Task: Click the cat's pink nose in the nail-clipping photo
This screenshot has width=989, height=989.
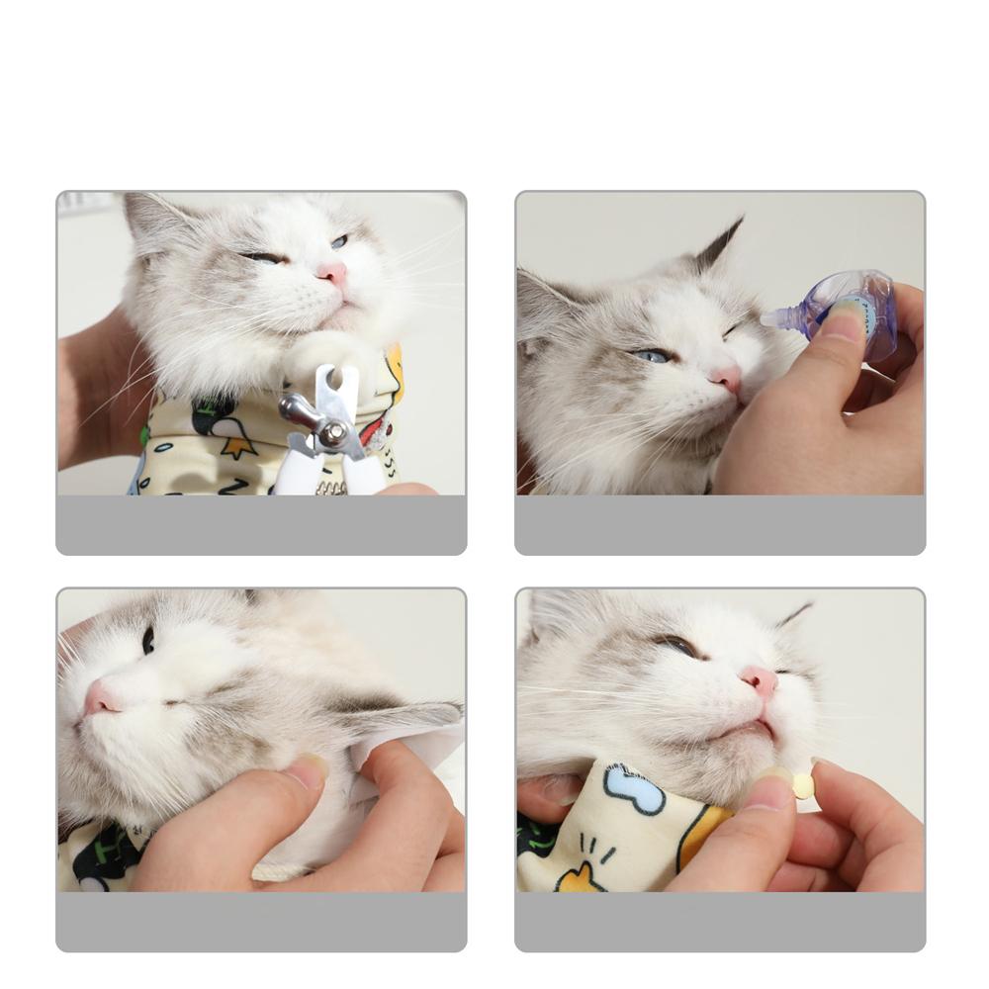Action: (333, 272)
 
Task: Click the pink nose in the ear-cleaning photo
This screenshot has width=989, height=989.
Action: (100, 698)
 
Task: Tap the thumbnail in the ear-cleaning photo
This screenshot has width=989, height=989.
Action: (311, 770)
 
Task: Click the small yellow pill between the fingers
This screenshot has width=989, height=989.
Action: (803, 785)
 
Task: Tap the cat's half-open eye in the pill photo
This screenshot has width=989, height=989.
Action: (678, 644)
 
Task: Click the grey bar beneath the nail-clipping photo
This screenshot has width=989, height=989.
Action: (261, 524)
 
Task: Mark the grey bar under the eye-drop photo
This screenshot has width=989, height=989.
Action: (720, 524)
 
